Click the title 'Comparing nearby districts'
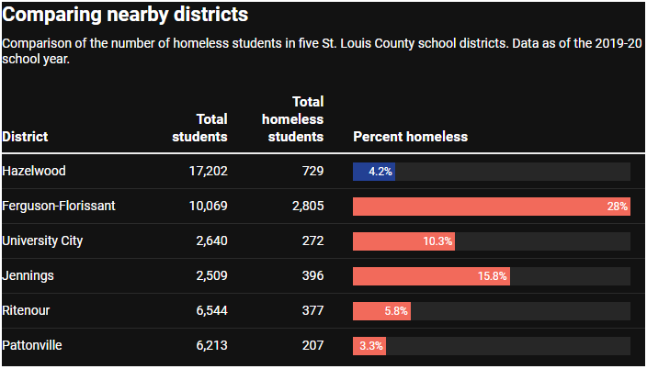[125, 16]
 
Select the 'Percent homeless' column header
[410, 137]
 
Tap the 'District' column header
[25, 137]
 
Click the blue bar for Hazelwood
[374, 172]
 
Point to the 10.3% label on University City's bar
[437, 241]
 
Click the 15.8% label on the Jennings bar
[491, 276]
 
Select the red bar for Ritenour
[381, 311]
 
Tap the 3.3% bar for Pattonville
[369, 346]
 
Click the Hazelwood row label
[34, 172]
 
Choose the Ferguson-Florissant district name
[59, 207]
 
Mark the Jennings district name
[28, 276]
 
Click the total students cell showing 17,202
[208, 172]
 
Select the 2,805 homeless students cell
[308, 207]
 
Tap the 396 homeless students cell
[312, 276]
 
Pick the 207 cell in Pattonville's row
[312, 346]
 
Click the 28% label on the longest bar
[617, 207]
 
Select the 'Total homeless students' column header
[293, 119]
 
